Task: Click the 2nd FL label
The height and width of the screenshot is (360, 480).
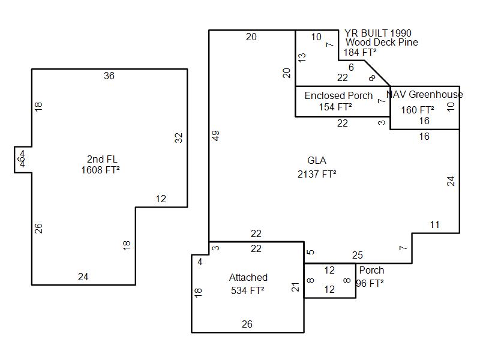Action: [x=102, y=159]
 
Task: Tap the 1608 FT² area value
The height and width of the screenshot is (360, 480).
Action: [x=100, y=170]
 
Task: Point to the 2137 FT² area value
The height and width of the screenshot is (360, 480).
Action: [x=317, y=175]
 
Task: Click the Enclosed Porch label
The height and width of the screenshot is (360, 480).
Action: [x=338, y=95]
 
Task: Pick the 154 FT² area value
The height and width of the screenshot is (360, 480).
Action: [x=335, y=107]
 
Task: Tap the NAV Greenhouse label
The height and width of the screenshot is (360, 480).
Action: [x=425, y=94]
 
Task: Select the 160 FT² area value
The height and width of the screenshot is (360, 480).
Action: [x=418, y=110]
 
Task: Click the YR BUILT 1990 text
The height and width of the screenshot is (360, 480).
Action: [x=378, y=33]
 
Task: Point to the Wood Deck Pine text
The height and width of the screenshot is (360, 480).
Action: [x=382, y=43]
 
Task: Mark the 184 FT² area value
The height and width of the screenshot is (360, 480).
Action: [x=360, y=52]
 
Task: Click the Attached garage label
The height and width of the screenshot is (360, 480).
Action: [x=248, y=277]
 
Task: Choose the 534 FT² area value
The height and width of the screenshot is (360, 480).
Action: [x=248, y=291]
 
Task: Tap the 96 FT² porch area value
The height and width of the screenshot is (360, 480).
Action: [x=370, y=283]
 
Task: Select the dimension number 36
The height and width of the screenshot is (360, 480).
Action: [x=109, y=76]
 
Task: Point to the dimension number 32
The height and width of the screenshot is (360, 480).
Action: [x=178, y=137]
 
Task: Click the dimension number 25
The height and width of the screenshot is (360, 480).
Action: [x=358, y=255]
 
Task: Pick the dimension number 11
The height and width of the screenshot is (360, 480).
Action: [x=435, y=225]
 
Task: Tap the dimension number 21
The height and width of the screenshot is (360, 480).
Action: [x=295, y=287]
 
